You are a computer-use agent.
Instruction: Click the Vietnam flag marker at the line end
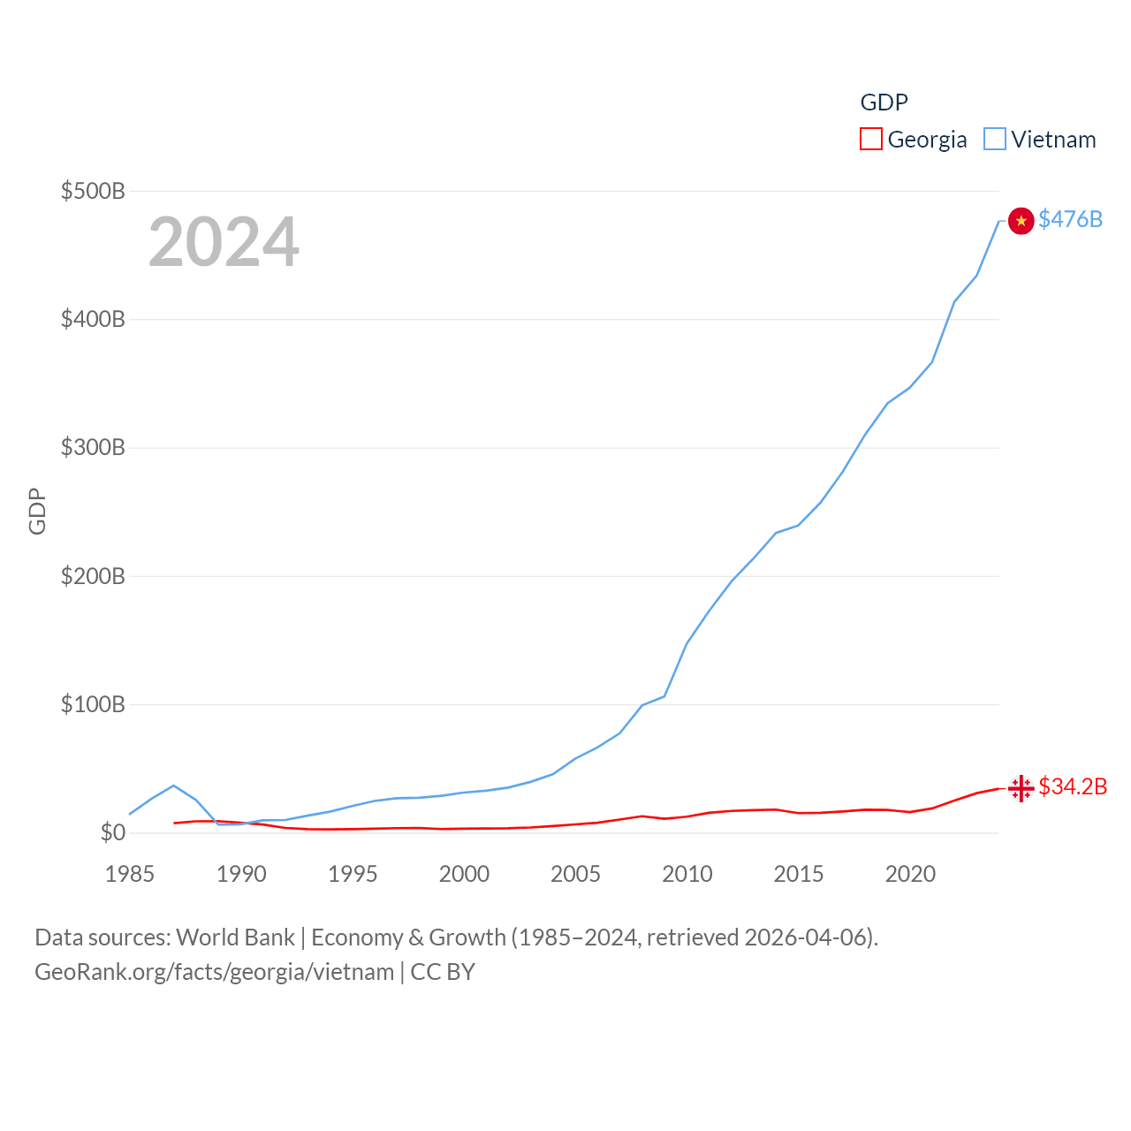pyautogui.click(x=1021, y=221)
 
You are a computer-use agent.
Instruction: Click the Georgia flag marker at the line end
pyautogui.click(x=1021, y=787)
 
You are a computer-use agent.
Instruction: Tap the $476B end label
pyautogui.click(x=1070, y=219)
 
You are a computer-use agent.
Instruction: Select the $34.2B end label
pyautogui.click(x=1073, y=786)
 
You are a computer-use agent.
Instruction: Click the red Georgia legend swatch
pyautogui.click(x=870, y=140)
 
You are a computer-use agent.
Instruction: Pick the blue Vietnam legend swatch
pyautogui.click(x=994, y=140)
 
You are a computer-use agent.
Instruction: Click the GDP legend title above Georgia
pyautogui.click(x=884, y=102)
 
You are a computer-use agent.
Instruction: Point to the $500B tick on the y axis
pyautogui.click(x=93, y=191)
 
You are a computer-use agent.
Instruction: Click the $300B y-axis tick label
pyautogui.click(x=93, y=447)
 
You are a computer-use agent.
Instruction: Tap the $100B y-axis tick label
pyautogui.click(x=93, y=704)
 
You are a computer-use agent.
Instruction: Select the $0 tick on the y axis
pyautogui.click(x=112, y=832)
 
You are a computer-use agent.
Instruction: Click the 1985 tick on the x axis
pyautogui.click(x=129, y=874)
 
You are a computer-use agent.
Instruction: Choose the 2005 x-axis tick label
pyautogui.click(x=575, y=874)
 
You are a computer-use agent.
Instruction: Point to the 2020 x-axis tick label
pyautogui.click(x=910, y=874)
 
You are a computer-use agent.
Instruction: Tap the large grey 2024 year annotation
pyautogui.click(x=224, y=242)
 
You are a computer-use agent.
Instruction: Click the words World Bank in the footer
pyautogui.click(x=235, y=937)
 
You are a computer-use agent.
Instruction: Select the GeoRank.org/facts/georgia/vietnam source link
pyautogui.click(x=215, y=972)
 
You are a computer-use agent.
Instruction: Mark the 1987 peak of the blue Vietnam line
pyautogui.click(x=173, y=785)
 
